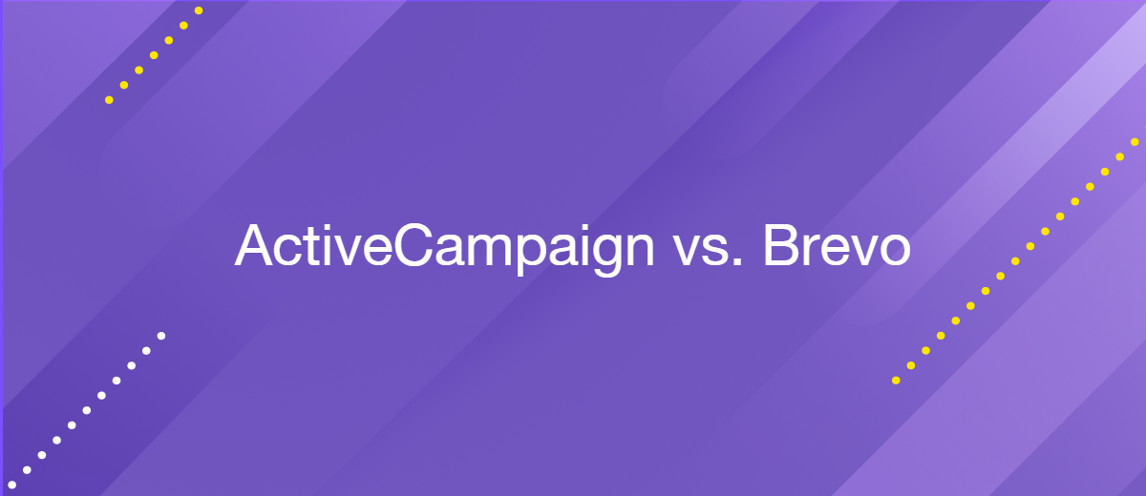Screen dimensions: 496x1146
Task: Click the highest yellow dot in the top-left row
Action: point(199,10)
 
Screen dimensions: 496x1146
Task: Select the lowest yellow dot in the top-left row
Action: point(109,100)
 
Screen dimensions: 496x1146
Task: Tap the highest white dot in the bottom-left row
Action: point(161,336)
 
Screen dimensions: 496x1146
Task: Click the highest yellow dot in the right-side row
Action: point(1135,142)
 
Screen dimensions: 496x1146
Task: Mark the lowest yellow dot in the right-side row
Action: point(896,381)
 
